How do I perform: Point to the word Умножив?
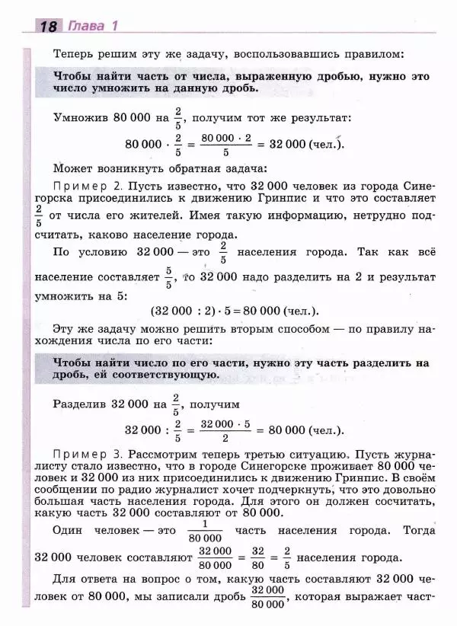tap(80, 119)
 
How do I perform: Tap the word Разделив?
tap(81, 404)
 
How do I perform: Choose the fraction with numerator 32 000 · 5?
tap(225, 431)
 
